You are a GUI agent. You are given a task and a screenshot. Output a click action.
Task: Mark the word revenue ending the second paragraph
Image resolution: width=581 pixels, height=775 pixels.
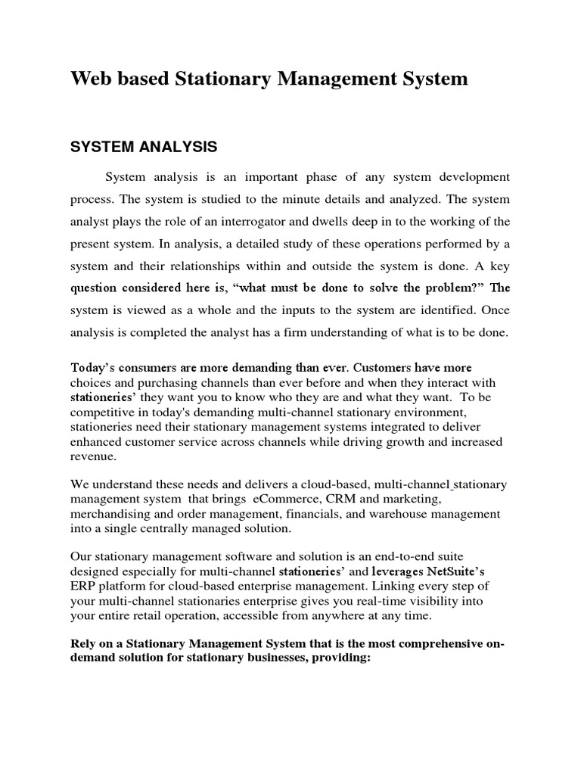[94, 457]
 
